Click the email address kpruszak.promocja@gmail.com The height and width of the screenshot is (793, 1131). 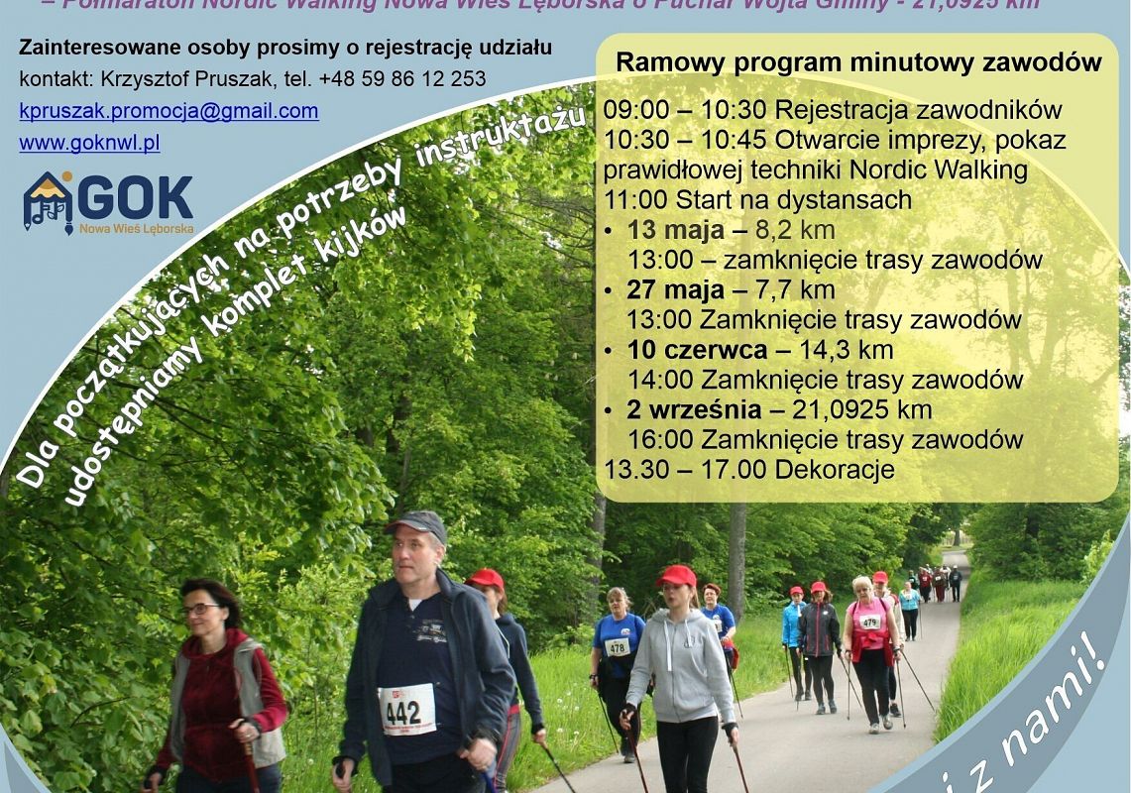coord(169,111)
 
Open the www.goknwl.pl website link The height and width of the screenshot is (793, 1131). coord(89,143)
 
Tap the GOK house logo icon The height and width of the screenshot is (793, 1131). coord(48,201)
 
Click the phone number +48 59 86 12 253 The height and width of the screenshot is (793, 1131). coord(402,78)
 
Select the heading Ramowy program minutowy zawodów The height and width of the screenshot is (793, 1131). coord(857,62)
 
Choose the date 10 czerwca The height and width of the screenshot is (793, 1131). coord(697,350)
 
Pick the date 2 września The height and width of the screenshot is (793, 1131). coord(694,409)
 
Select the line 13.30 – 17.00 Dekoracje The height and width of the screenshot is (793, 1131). coord(749,469)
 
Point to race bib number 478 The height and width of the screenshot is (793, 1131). coord(617,647)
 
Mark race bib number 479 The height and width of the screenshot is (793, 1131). coord(869,622)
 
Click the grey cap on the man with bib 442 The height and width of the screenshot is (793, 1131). coord(417,522)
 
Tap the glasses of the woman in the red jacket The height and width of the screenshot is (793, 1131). coord(200,610)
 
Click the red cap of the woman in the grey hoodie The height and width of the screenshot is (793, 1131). coord(677,575)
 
